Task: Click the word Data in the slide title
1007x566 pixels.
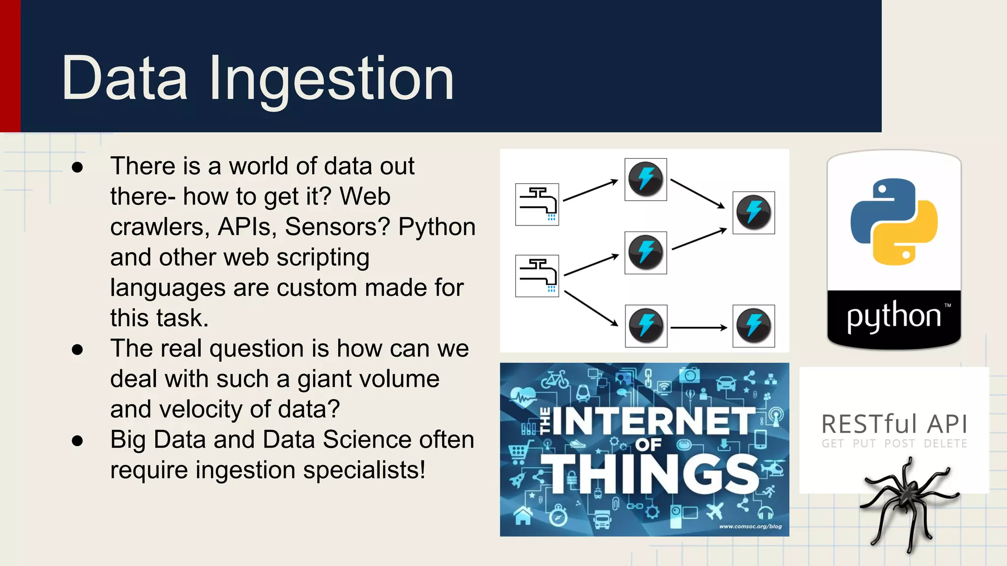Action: click(124, 79)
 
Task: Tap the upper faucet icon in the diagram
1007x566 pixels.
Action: click(537, 204)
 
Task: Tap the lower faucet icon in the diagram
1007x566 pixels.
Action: click(537, 276)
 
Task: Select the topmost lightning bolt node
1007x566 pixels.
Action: click(646, 179)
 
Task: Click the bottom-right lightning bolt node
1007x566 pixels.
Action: click(753, 326)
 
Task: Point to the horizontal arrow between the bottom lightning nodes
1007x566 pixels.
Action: click(699, 327)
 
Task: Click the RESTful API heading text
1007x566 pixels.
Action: click(894, 424)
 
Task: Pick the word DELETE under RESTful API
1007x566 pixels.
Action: click(945, 444)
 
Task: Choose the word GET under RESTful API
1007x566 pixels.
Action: click(833, 444)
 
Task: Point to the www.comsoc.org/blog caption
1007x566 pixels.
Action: click(750, 526)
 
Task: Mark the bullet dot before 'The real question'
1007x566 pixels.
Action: click(77, 349)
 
